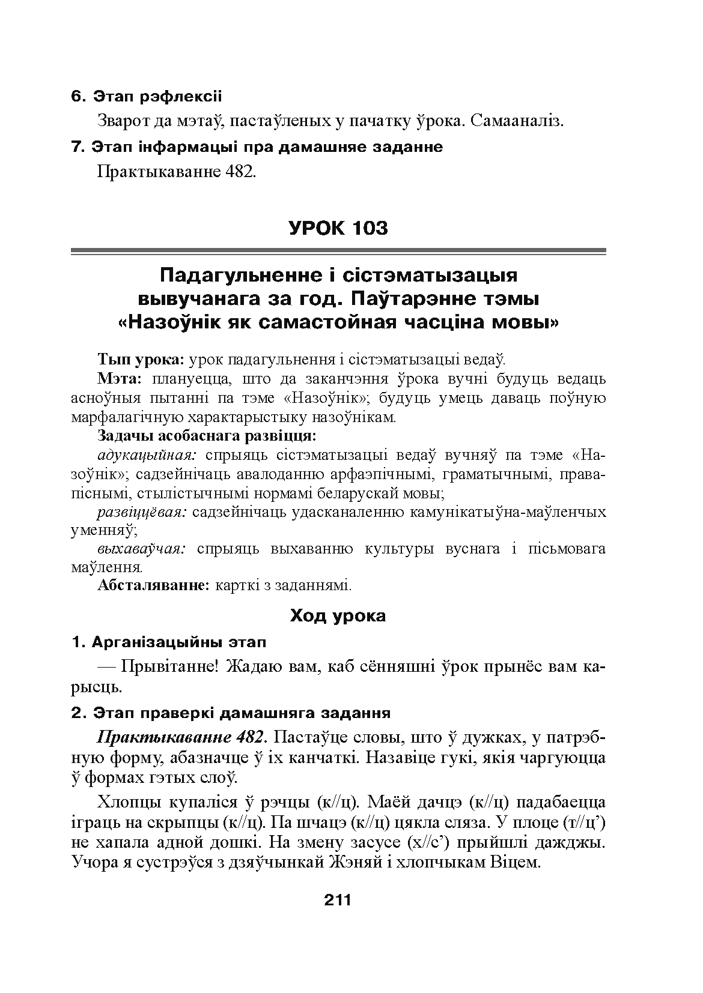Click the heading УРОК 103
coord(338,228)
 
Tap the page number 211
coord(338,900)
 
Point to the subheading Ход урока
coord(338,615)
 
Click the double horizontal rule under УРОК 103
coord(338,251)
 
